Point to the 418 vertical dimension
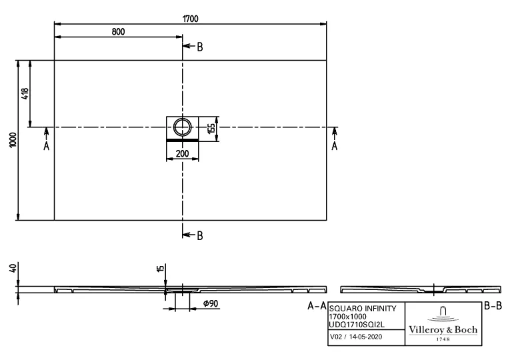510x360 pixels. (25, 93)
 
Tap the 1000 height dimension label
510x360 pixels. (13, 139)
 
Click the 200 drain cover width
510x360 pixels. (181, 153)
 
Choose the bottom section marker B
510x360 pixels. (199, 235)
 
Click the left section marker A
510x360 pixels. (46, 145)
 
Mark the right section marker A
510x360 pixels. (335, 145)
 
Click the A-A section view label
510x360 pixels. (316, 306)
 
